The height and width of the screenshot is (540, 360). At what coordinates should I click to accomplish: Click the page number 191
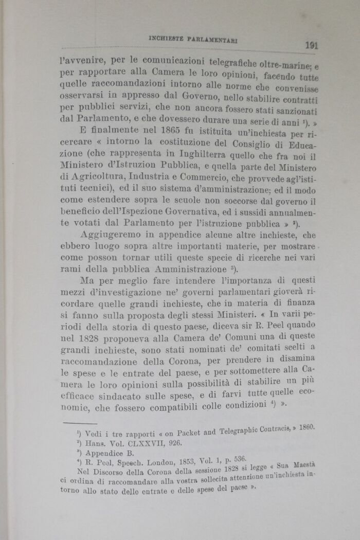point(311,45)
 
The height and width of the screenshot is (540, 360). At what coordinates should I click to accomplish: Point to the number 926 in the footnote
point(174,442)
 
